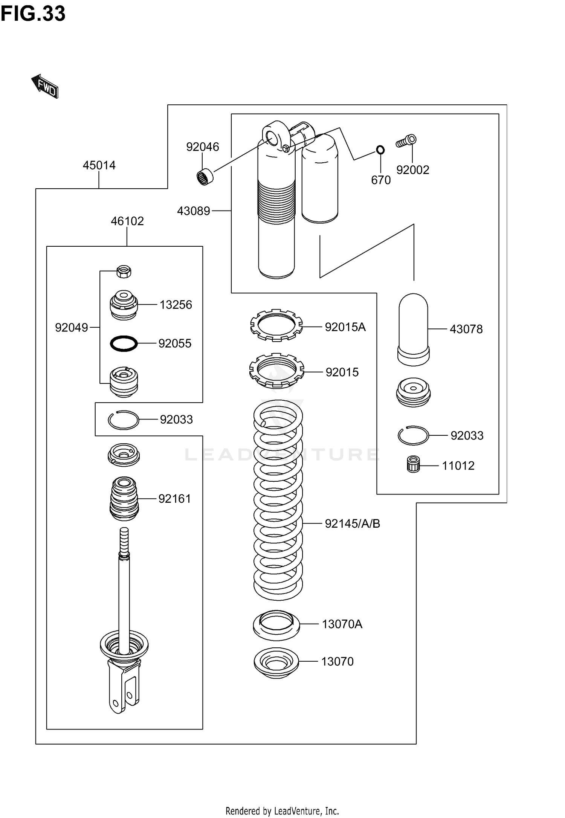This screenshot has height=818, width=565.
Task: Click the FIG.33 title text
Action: [x=33, y=14]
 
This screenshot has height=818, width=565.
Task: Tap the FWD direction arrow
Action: [x=45, y=86]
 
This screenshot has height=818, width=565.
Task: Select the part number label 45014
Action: [x=99, y=165]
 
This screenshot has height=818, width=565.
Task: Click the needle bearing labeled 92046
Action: [x=205, y=177]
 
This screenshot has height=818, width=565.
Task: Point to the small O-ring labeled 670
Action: [x=380, y=150]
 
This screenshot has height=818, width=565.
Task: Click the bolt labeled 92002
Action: [x=406, y=141]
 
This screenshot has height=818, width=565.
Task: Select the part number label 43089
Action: [x=194, y=211]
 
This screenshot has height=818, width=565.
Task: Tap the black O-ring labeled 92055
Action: [x=124, y=343]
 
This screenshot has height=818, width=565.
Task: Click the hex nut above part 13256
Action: [x=124, y=271]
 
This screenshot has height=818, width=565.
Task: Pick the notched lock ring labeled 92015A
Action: [x=276, y=325]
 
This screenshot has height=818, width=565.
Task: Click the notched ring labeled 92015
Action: [x=276, y=371]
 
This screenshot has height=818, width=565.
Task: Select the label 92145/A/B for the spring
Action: [x=353, y=523]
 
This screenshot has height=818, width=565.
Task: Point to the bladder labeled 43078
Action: [x=413, y=329]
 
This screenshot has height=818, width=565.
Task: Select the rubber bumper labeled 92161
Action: [x=124, y=499]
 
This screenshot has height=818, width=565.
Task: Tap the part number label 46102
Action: [x=127, y=221]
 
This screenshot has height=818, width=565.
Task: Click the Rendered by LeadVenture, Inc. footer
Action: [x=282, y=810]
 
